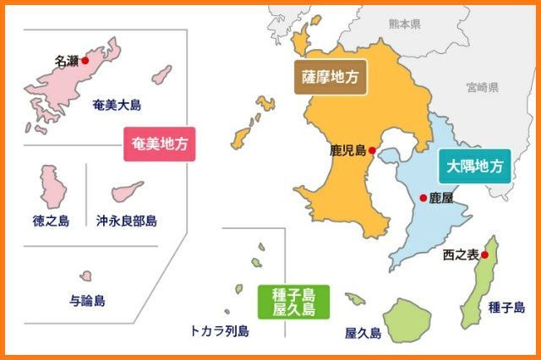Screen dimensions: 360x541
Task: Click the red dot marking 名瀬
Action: click(85, 61)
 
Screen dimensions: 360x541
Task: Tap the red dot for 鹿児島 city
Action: click(372, 151)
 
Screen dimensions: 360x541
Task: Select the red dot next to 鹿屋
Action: click(424, 198)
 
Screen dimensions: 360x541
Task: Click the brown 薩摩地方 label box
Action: click(330, 76)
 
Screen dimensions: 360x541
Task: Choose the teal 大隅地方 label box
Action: click(474, 166)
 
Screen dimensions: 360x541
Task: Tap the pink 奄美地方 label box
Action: click(158, 144)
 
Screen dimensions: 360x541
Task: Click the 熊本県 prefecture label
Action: click(404, 24)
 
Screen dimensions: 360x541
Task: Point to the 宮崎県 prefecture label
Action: click(481, 87)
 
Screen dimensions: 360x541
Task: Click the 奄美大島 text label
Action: click(117, 106)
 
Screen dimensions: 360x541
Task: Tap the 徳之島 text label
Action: click(51, 221)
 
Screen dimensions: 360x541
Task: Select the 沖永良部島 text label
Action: click(127, 221)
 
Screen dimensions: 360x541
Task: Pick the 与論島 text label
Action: click(87, 300)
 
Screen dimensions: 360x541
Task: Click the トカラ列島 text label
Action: click(220, 331)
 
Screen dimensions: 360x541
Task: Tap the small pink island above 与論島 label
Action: click(86, 276)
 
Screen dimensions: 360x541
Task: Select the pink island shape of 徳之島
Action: click(52, 187)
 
